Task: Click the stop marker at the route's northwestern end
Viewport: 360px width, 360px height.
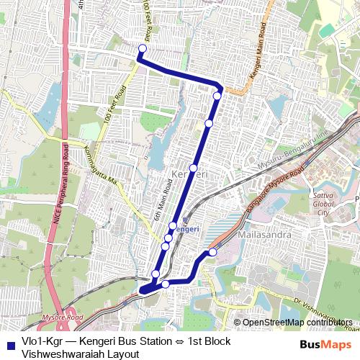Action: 142,48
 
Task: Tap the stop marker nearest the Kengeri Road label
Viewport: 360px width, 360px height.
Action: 217,95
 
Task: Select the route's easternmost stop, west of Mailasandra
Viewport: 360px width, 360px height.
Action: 212,252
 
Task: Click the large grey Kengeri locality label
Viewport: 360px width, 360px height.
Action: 190,175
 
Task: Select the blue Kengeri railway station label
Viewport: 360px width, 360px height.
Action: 187,229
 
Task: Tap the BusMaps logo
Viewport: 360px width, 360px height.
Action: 326,344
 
